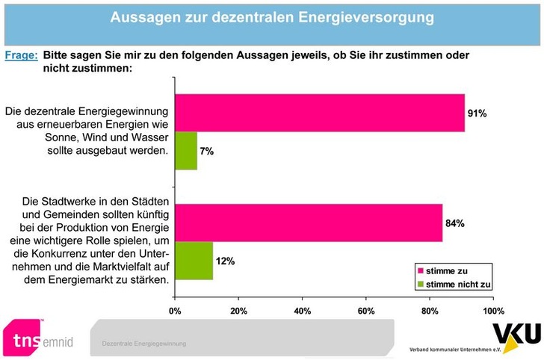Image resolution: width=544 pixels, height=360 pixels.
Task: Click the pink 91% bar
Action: coord(319,113)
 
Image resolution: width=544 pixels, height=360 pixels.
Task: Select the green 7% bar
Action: coord(186,151)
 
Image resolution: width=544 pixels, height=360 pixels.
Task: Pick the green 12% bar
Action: coord(194,261)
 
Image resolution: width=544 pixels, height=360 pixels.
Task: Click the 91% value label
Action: coord(477,114)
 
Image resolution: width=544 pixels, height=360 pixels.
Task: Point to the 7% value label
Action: coord(207,152)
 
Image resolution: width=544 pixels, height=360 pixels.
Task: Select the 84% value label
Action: coord(456,223)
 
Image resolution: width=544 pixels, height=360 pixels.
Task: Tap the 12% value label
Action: coord(226,261)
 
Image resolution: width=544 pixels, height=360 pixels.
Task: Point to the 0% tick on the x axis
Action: coord(175,311)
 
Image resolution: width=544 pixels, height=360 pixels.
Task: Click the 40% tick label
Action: coord(302,311)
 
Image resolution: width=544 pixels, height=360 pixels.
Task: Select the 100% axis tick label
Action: coord(493,311)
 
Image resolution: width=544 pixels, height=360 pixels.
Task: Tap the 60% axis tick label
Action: coord(365,311)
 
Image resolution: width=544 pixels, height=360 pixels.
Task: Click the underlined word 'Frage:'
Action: coord(21,55)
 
